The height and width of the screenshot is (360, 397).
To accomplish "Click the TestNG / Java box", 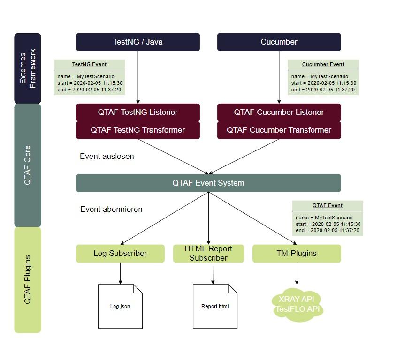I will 138,42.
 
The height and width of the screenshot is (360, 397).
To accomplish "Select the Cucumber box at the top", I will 279,42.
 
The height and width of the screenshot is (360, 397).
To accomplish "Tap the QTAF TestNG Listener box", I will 138,112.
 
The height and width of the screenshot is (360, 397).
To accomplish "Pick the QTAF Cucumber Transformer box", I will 279,130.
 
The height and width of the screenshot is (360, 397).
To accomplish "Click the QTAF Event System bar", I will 208,183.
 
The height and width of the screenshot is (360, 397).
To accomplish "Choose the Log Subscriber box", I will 120,253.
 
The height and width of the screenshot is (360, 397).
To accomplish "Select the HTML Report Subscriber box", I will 208,253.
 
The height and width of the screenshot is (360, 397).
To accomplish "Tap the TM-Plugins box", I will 297,253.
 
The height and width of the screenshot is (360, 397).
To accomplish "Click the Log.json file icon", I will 120,306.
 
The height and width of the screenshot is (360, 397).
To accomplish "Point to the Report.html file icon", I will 215,306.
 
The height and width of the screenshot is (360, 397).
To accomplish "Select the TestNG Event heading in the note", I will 89,64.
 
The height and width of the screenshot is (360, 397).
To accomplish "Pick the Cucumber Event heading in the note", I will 323,64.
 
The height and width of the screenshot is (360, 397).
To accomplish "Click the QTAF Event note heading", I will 328,205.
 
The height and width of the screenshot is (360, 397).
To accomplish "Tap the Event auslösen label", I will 107,156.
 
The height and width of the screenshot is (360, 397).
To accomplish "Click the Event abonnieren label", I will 111,209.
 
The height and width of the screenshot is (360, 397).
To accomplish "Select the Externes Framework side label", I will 28,68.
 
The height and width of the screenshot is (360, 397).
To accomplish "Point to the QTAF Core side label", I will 28,165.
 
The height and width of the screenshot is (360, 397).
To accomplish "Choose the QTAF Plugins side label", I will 28,279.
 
